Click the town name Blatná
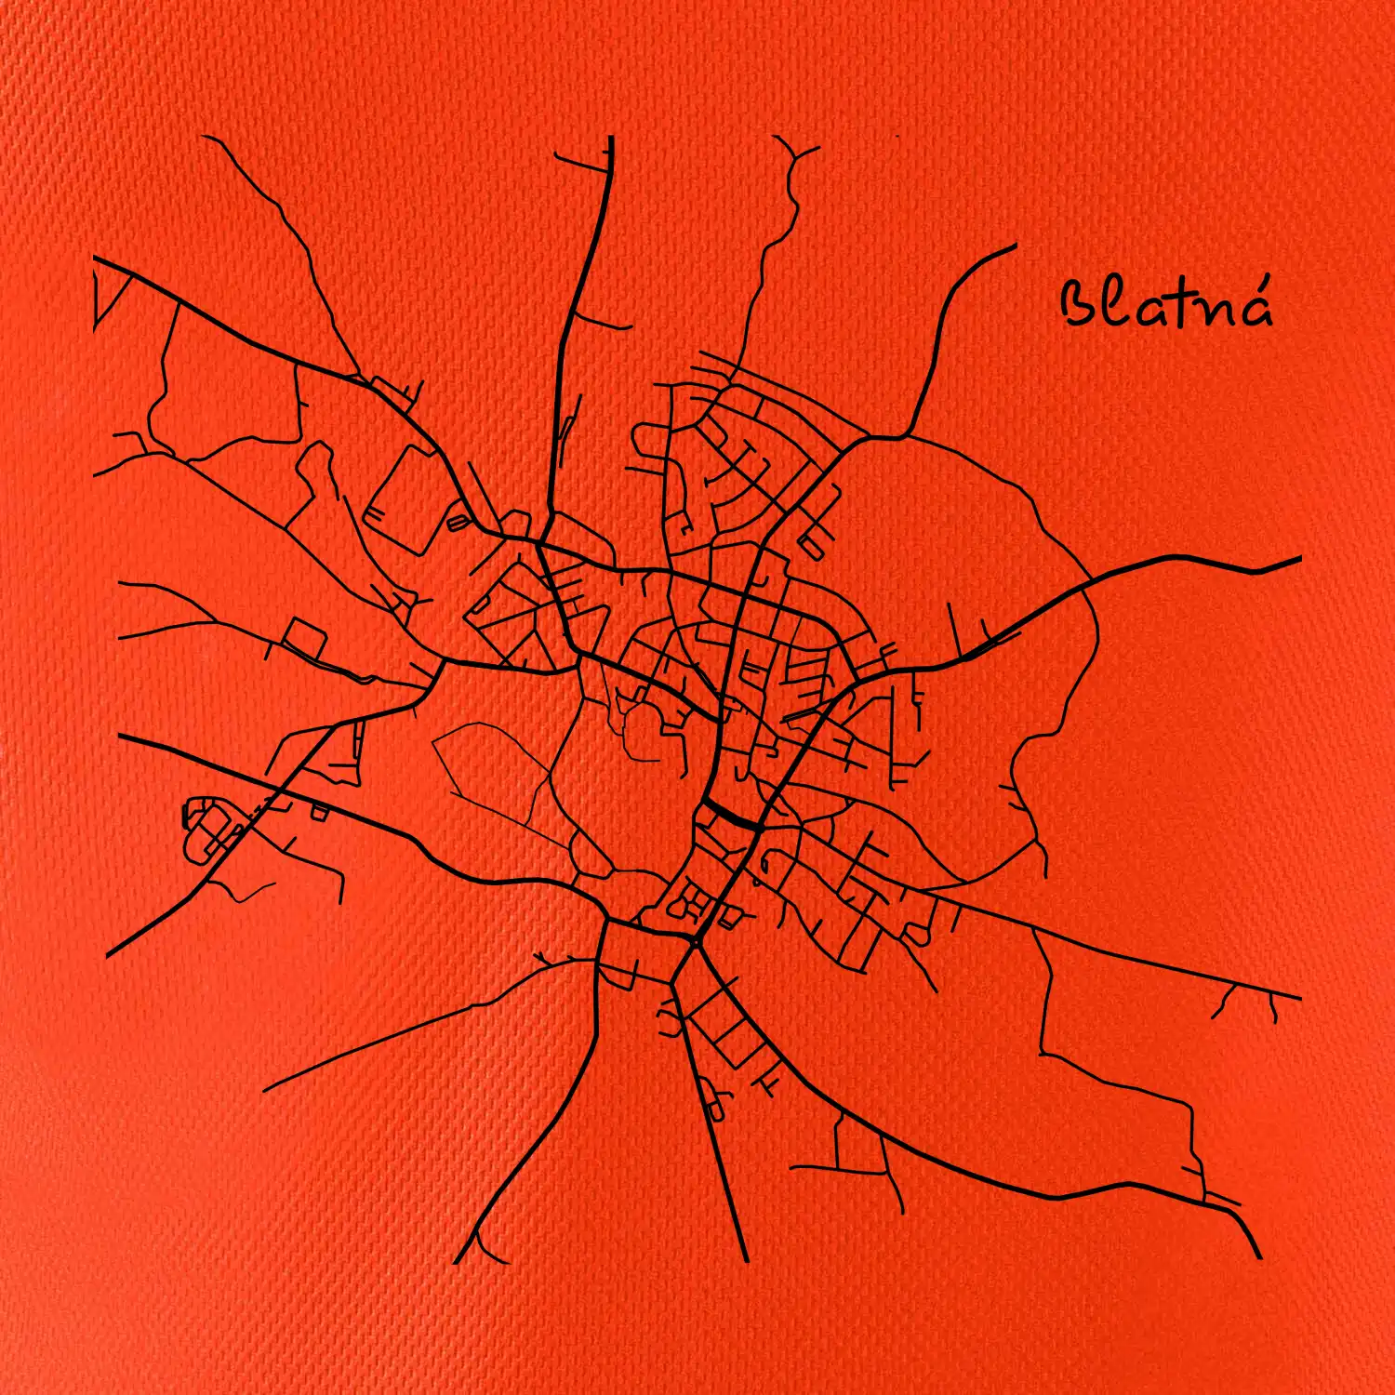[1167, 304]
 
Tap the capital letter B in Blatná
[1081, 304]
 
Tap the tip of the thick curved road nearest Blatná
[1014, 246]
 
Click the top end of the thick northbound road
[611, 139]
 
